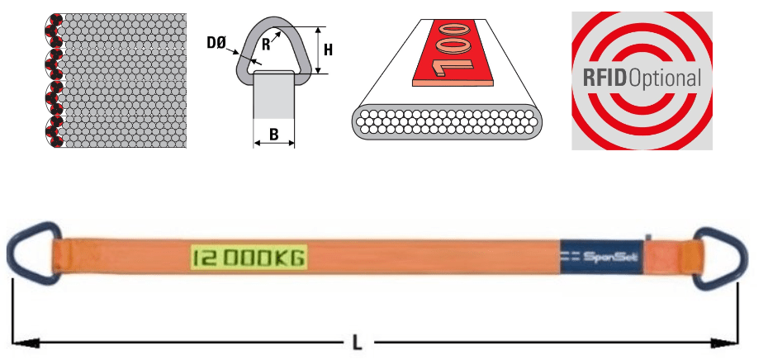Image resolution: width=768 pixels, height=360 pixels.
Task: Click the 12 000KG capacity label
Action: (248, 258)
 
